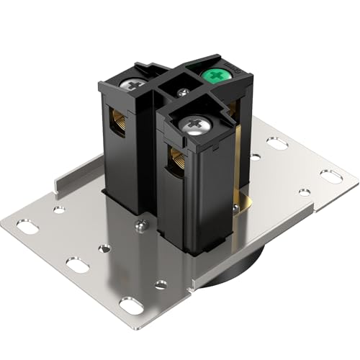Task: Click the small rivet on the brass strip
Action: (235, 208)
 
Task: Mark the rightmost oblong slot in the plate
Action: (330, 176)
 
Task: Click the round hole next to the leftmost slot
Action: (59, 210)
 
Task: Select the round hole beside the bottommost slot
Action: (161, 284)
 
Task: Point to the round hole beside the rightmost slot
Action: (305, 192)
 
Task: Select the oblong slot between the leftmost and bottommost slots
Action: (76, 264)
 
